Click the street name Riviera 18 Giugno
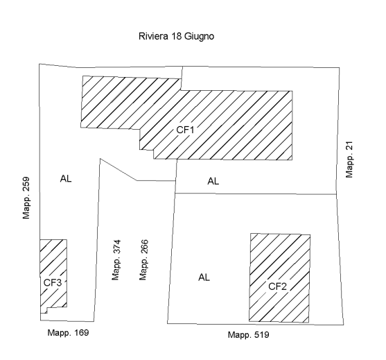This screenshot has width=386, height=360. [x=176, y=37]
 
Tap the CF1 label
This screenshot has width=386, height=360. [x=185, y=130]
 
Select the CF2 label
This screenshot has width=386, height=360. [x=277, y=286]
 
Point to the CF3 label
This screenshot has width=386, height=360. [x=53, y=282]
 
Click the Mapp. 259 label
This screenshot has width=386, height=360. [x=26, y=198]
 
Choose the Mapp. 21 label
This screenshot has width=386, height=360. [x=349, y=160]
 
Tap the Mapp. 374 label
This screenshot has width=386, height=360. [x=116, y=260]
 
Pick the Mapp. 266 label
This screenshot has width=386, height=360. [x=143, y=260]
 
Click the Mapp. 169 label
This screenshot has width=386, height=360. [x=68, y=333]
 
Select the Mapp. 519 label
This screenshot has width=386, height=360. [x=248, y=335]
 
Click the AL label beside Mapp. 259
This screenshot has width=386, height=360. [x=66, y=178]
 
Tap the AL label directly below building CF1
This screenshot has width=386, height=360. [x=213, y=181]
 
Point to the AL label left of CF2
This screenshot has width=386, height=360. [x=204, y=277]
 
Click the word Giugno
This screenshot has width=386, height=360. [x=199, y=37]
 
